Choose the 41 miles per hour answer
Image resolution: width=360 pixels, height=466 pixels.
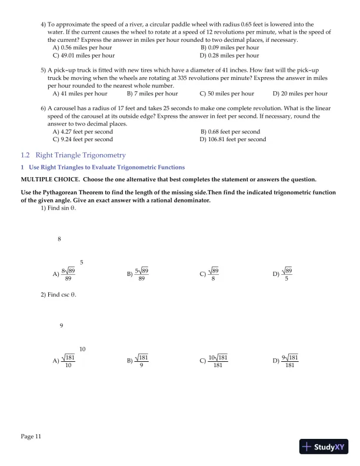80,93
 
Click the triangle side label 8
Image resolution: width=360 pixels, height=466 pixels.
59,239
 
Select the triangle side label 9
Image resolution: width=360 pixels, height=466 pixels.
61,326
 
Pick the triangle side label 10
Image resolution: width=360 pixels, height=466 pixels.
82,349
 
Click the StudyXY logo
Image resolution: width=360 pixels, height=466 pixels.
324,447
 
